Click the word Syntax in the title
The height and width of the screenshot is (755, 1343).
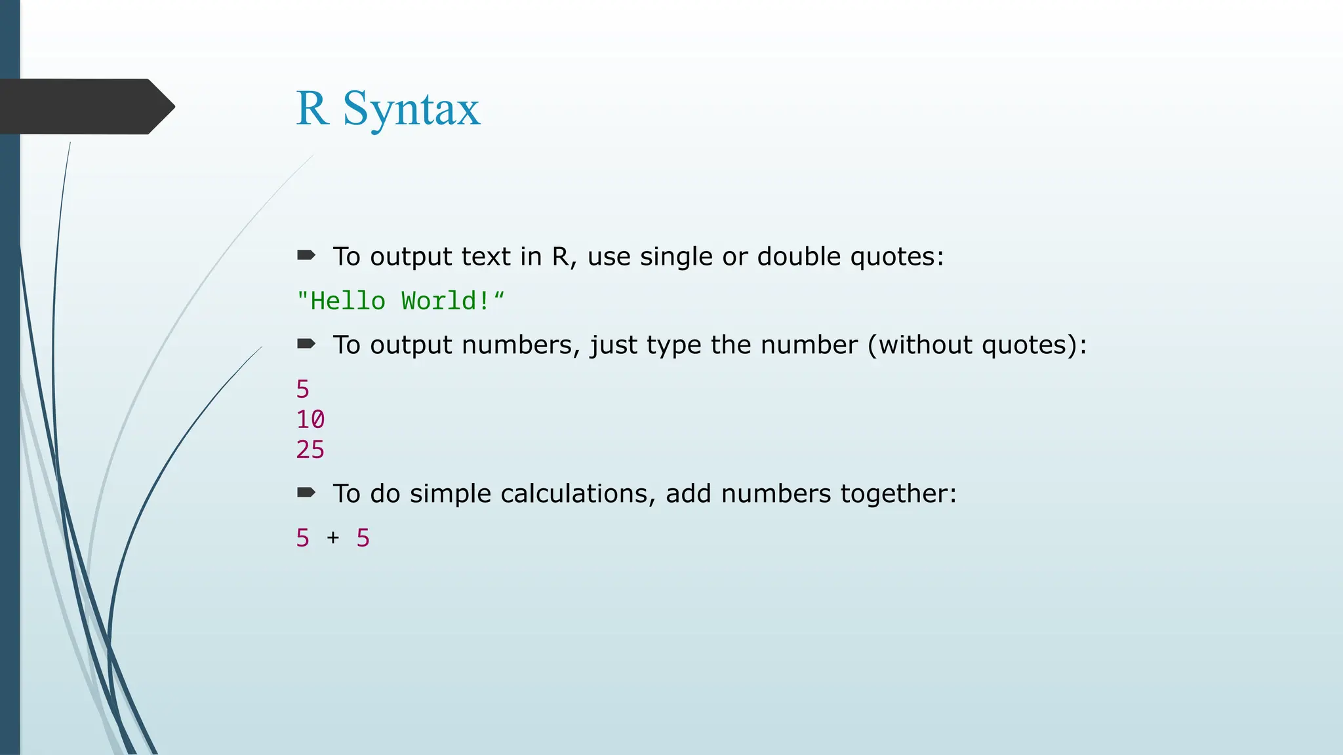coord(411,109)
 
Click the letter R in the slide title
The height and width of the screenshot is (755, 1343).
coord(312,108)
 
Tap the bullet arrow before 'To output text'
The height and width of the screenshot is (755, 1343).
coord(306,255)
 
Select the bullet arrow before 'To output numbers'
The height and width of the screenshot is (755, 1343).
coord(306,343)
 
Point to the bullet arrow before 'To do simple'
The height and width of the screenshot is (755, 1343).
coord(306,492)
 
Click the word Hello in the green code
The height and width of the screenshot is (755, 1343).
coord(348,301)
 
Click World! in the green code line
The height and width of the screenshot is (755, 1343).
coord(445,301)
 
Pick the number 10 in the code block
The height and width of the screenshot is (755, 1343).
coord(310,419)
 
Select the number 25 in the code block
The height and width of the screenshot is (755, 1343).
coord(310,450)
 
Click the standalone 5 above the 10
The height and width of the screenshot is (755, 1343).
coord(302,389)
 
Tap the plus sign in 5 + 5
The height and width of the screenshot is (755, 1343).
coord(333,537)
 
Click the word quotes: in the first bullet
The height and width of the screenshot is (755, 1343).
coord(896,256)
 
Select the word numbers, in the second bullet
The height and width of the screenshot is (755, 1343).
coord(521,345)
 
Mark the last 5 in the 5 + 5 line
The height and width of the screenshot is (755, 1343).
coord(363,538)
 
